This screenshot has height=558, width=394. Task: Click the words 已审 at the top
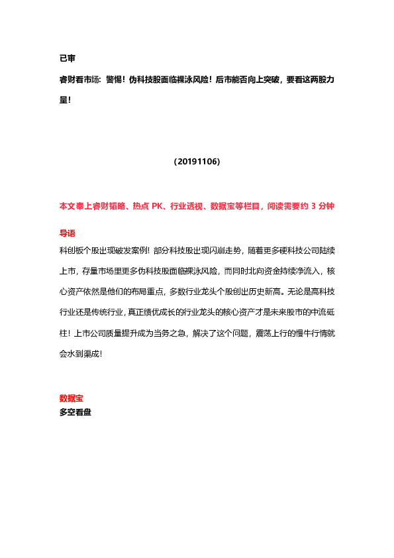(67, 59)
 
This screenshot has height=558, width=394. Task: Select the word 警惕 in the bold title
(114, 80)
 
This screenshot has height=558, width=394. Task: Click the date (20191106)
(197, 161)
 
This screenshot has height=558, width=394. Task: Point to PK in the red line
(158, 206)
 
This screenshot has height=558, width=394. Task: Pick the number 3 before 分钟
(314, 206)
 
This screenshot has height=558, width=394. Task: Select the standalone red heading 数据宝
(71, 398)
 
